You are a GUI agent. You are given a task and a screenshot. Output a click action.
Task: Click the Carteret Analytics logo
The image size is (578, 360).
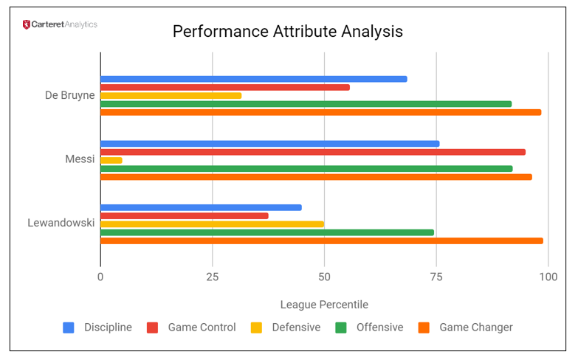(60, 24)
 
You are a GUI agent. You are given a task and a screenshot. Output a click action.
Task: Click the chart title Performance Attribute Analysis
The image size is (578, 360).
(288, 32)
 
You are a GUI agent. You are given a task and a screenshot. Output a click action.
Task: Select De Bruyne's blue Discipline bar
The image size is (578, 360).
(253, 79)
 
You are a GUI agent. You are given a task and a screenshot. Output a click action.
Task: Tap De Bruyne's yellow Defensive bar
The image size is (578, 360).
(171, 95)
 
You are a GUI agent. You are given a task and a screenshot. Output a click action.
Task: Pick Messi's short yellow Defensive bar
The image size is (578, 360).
(111, 160)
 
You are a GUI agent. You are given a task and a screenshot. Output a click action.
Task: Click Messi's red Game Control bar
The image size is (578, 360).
(312, 152)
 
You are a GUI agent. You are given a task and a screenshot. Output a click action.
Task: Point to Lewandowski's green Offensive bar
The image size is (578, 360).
(266, 232)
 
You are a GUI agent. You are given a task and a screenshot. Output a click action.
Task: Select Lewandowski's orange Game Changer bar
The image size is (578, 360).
(321, 240)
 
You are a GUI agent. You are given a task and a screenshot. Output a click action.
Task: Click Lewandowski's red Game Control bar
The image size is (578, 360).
(184, 216)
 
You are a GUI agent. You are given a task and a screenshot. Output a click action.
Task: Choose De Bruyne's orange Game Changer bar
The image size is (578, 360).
(320, 112)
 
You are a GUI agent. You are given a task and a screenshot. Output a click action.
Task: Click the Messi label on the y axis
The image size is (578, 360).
(80, 158)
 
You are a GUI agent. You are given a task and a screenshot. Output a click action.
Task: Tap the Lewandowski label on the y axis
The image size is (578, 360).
(61, 222)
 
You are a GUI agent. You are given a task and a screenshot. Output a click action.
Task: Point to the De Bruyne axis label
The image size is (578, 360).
(70, 94)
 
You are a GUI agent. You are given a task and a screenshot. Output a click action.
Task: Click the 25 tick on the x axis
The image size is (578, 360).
(213, 277)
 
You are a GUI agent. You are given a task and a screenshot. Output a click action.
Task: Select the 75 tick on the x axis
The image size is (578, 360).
(436, 277)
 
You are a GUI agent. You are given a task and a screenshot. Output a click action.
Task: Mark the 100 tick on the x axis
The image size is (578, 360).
(548, 277)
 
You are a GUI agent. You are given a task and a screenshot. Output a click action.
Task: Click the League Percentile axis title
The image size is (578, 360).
(324, 305)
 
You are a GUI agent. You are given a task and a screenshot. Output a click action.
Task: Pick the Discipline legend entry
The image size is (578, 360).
(98, 328)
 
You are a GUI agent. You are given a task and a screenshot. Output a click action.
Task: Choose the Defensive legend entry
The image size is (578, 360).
(286, 328)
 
